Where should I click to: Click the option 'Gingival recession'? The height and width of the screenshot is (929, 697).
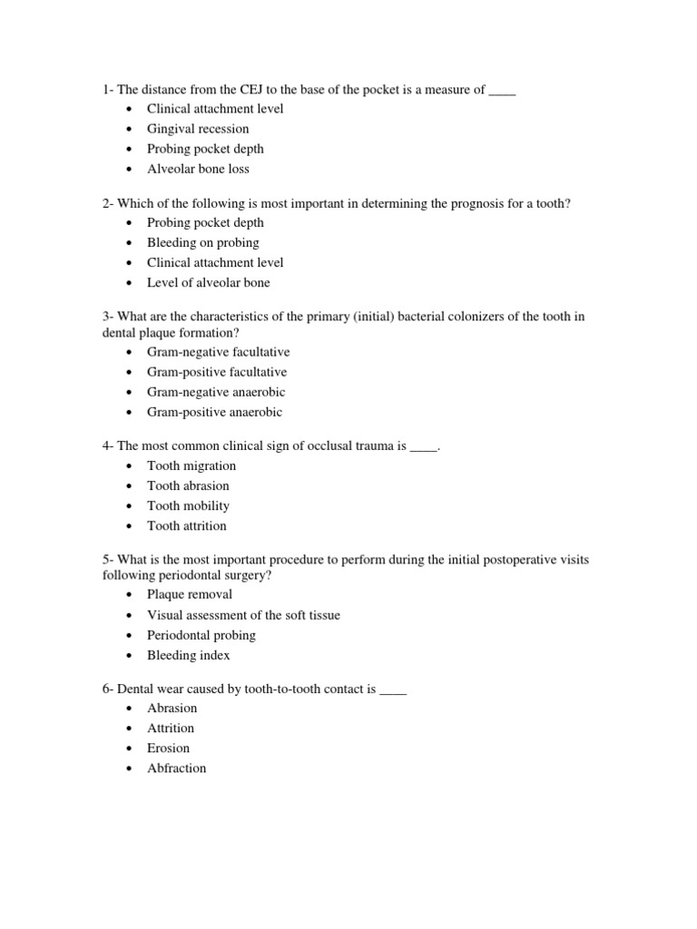[198, 129]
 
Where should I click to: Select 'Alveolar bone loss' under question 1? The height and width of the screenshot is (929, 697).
[198, 169]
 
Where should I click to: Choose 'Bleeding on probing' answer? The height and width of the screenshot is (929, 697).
[202, 242]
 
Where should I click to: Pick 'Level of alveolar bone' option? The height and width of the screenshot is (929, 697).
[209, 282]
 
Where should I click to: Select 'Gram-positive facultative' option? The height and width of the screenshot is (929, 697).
[217, 372]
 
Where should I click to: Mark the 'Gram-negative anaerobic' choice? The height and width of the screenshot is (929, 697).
[216, 392]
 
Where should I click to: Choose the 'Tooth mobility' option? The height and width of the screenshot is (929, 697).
[188, 505]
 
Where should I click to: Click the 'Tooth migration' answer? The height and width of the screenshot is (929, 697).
[191, 465]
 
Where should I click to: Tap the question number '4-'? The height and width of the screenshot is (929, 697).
[108, 446]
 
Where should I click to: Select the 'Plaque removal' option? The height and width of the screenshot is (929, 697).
[190, 594]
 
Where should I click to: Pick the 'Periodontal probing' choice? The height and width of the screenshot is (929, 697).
[201, 635]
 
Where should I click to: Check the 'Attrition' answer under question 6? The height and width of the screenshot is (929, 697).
[171, 728]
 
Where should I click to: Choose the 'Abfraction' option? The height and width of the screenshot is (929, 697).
[177, 768]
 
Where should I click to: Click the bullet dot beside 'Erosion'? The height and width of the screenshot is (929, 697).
[129, 748]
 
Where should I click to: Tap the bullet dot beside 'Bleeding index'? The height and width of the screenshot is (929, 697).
[129, 656]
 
